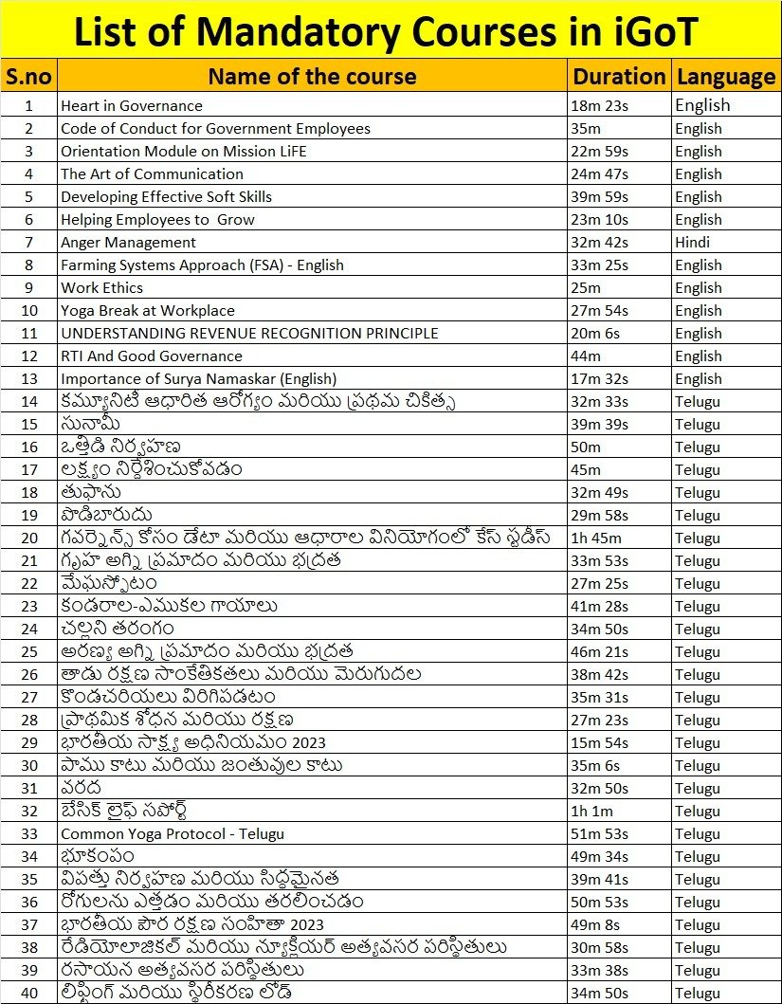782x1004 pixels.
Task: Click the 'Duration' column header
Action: (620, 77)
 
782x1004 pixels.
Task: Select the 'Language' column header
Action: (726, 77)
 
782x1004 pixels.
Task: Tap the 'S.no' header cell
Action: (28, 77)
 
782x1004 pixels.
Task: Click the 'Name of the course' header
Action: (312, 77)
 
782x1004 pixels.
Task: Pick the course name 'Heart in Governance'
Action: (132, 106)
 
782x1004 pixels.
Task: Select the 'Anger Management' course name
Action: (128, 243)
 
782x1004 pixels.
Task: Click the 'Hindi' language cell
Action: (693, 243)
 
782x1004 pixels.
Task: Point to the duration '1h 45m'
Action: (595, 539)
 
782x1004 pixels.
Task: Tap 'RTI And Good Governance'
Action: (152, 356)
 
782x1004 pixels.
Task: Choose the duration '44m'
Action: (586, 356)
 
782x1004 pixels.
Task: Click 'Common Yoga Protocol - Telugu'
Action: (173, 834)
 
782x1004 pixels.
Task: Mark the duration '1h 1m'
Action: (592, 812)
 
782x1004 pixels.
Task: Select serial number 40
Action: (28, 994)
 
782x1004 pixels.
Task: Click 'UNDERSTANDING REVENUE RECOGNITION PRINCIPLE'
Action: (249, 334)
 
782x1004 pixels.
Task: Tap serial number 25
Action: (28, 652)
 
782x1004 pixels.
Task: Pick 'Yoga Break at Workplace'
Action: (148, 311)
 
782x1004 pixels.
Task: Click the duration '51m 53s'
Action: (600, 834)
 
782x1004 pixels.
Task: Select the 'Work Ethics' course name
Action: (102, 288)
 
